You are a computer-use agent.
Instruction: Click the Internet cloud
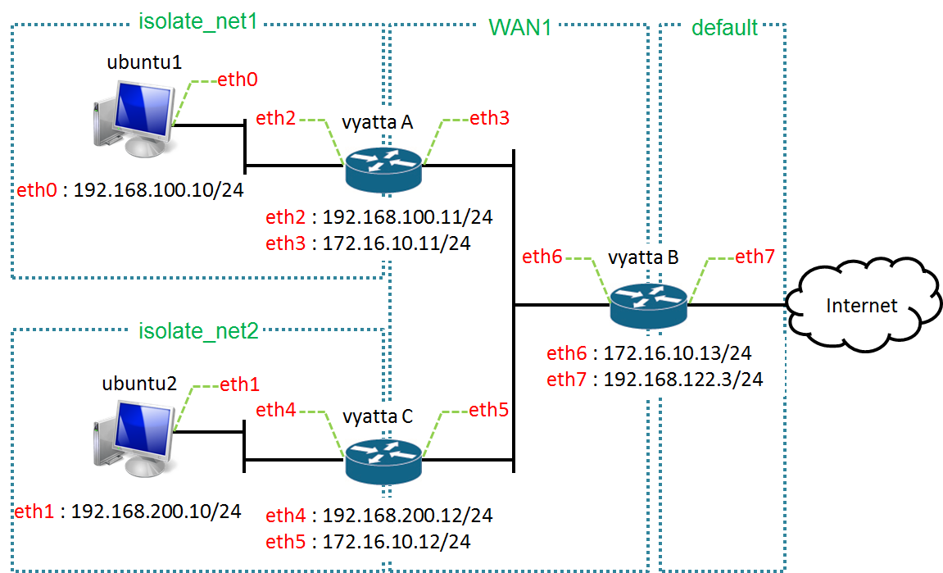[862, 306]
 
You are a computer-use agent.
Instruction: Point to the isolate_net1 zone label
[197, 21]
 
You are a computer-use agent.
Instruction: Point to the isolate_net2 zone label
[197, 330]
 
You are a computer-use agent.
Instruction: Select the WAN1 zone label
[519, 26]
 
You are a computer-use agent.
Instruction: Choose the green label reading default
[724, 27]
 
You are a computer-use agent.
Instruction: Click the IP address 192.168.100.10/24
[159, 190]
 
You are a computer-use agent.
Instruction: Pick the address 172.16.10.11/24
[397, 243]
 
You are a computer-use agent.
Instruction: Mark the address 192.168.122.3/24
[683, 380]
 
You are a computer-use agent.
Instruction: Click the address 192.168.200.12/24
[407, 515]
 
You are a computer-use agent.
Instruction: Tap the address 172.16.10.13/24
[678, 353]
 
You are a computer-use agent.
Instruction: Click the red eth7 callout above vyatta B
[754, 257]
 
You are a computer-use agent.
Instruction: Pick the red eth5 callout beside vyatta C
[488, 410]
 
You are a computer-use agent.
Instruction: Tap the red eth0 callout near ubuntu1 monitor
[237, 80]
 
